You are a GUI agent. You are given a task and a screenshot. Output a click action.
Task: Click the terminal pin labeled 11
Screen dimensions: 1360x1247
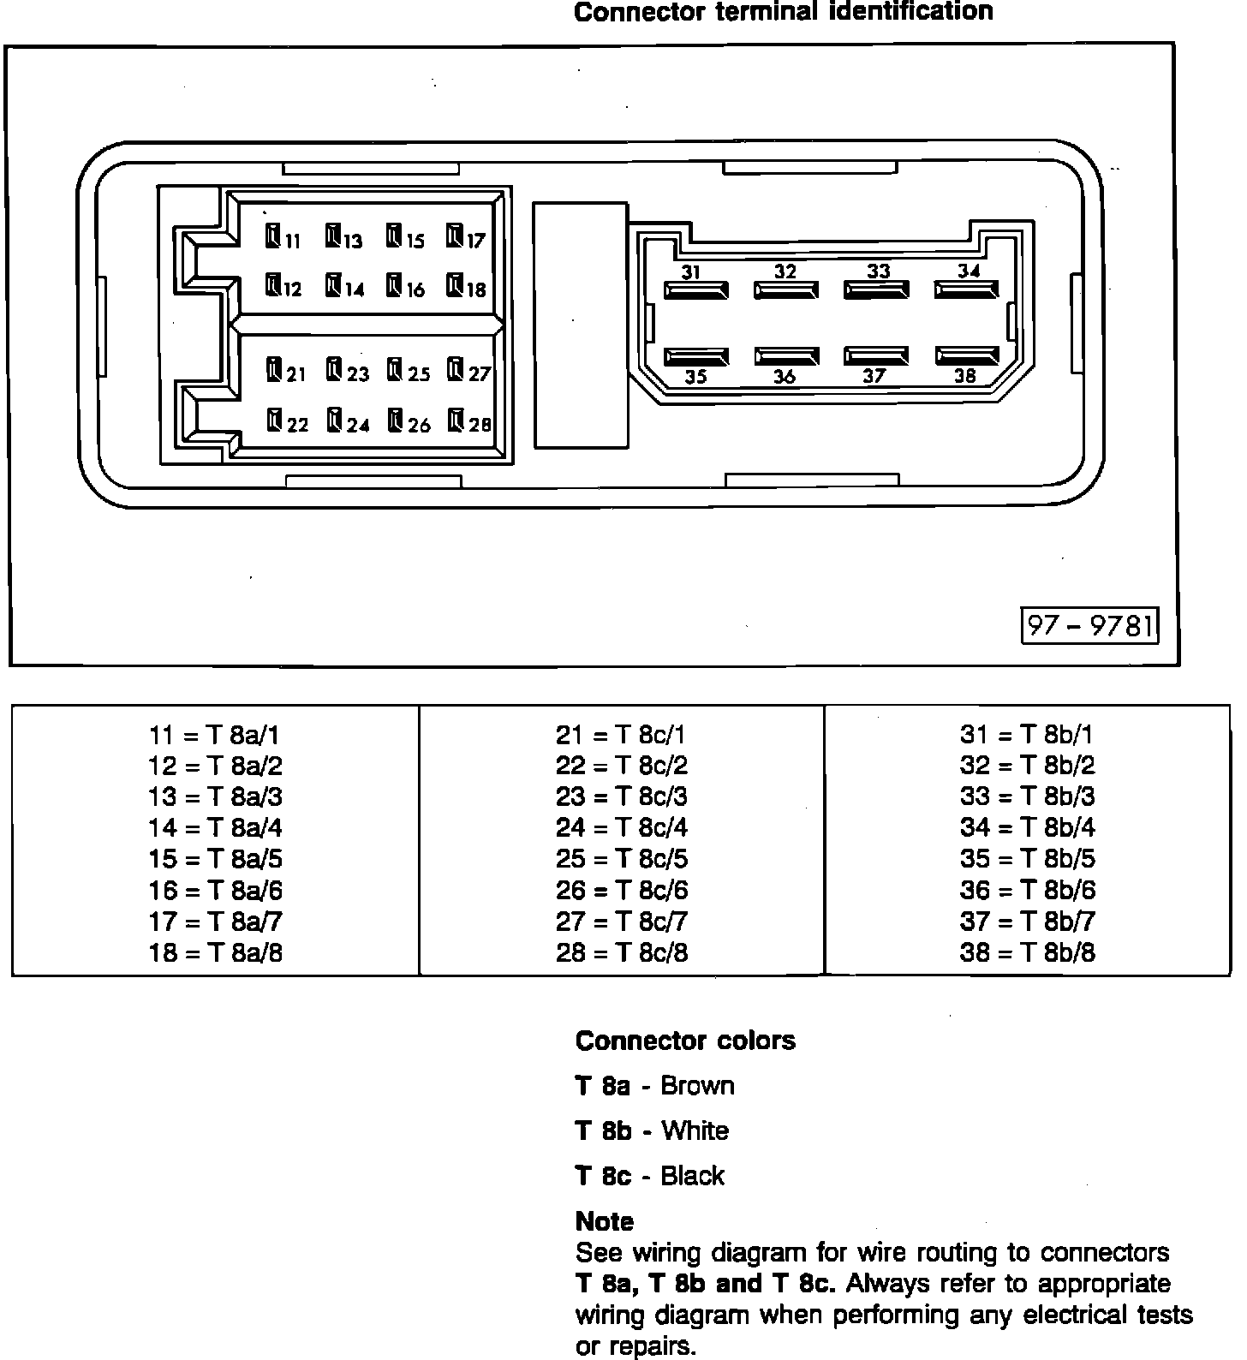tap(273, 236)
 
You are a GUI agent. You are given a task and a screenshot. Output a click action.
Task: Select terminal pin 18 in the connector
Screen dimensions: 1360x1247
tap(455, 285)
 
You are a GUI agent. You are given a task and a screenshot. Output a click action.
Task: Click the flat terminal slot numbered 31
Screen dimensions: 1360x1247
tap(695, 289)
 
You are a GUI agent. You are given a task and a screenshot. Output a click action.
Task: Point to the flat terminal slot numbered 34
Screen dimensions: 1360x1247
tap(966, 289)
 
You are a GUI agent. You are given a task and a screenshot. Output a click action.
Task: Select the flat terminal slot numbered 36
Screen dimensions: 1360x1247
tap(786, 356)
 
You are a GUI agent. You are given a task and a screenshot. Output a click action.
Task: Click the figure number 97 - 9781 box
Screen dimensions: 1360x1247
tap(1090, 626)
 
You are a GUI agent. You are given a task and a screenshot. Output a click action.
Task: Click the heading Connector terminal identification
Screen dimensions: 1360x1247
tap(783, 12)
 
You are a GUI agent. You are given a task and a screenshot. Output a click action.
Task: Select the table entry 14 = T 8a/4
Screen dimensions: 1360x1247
tap(215, 828)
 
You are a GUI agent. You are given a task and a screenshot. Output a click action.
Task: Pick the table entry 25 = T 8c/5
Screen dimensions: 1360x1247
tap(621, 859)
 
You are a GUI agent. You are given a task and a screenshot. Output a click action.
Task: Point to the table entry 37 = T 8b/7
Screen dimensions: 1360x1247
tap(1027, 922)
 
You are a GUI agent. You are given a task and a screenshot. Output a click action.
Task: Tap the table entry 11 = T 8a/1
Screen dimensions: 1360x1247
tap(215, 735)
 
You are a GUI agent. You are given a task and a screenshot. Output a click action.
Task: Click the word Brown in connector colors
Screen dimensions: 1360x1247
tap(697, 1086)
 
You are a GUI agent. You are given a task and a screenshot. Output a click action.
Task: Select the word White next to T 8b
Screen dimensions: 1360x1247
tap(695, 1130)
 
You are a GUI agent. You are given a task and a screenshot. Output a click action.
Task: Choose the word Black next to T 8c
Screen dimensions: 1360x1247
tap(692, 1176)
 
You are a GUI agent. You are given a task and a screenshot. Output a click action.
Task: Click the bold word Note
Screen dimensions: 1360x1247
tap(605, 1221)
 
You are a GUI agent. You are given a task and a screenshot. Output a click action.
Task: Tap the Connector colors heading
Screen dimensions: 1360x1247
tap(685, 1041)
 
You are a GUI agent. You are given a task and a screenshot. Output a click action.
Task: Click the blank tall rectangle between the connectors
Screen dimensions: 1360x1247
tap(580, 325)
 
